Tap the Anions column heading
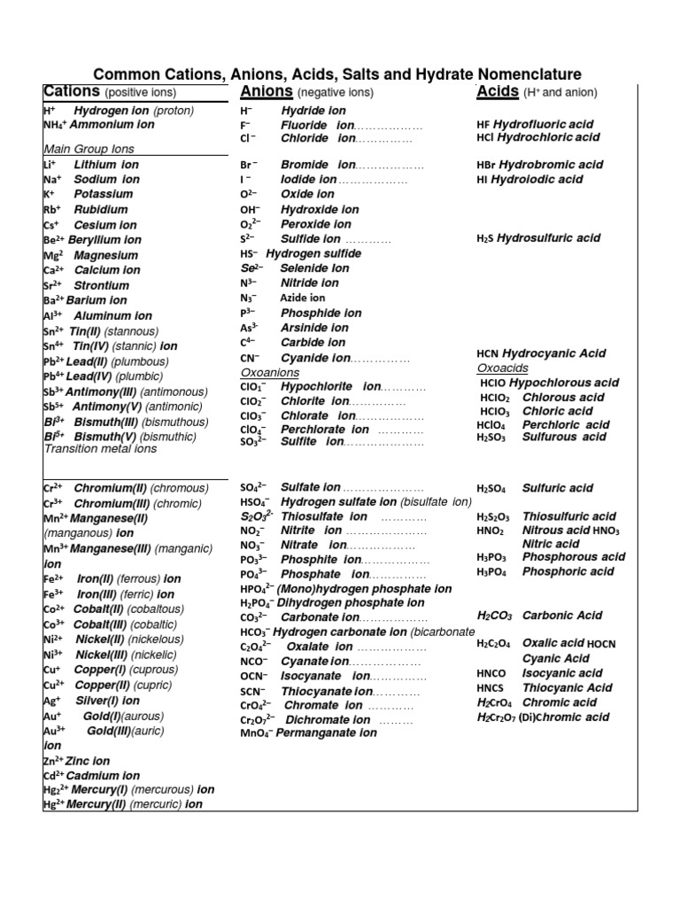tap(267, 91)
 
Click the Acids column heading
tap(498, 91)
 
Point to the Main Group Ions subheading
tap(89, 149)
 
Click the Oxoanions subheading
tap(269, 373)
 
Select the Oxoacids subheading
tap(502, 368)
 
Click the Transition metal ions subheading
tap(100, 449)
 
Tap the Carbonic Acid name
tap(562, 615)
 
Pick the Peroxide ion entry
tap(316, 224)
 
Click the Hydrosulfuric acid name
tap(548, 238)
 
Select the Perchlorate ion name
tap(325, 430)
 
